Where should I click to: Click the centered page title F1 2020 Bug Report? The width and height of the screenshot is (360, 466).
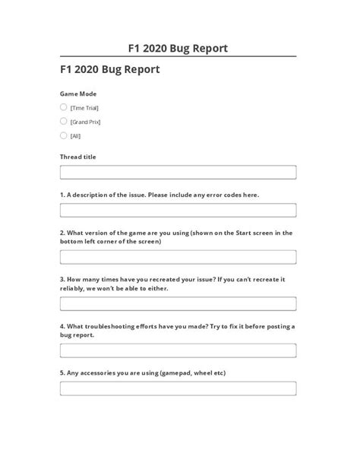click(x=179, y=49)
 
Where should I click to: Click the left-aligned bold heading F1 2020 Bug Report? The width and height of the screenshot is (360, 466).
click(x=109, y=68)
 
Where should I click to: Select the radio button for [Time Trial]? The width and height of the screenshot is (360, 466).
click(x=64, y=107)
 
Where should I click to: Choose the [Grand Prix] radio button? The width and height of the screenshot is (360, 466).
click(x=64, y=121)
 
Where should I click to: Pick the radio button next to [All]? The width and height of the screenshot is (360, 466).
click(x=64, y=135)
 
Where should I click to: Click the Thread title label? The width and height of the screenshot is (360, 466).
click(x=78, y=157)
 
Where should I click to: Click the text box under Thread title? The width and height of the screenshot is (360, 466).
click(x=178, y=173)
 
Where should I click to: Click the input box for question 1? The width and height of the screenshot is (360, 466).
click(x=178, y=210)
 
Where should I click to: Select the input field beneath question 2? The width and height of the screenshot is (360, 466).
click(x=178, y=257)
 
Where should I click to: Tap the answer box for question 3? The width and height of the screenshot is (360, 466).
click(x=178, y=303)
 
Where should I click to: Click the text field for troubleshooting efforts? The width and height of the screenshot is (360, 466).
click(x=178, y=350)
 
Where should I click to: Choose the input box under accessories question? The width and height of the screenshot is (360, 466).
click(x=178, y=388)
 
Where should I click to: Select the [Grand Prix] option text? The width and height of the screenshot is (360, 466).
click(x=85, y=122)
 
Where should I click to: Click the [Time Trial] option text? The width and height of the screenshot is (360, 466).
click(x=84, y=108)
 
